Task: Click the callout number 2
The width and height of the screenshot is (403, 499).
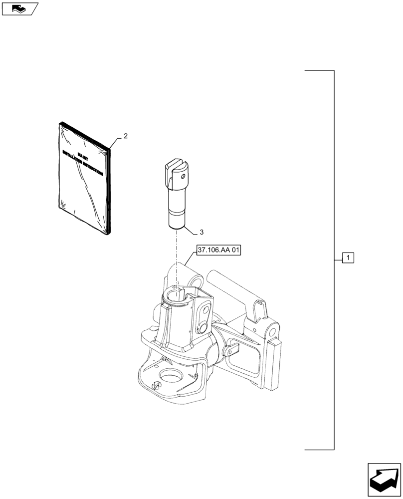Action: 126,136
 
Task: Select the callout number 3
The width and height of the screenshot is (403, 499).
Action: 201,232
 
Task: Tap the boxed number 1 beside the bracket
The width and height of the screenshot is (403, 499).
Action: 348,258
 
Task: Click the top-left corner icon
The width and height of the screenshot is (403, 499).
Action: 19,8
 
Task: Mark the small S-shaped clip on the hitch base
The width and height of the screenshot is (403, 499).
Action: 156,386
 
